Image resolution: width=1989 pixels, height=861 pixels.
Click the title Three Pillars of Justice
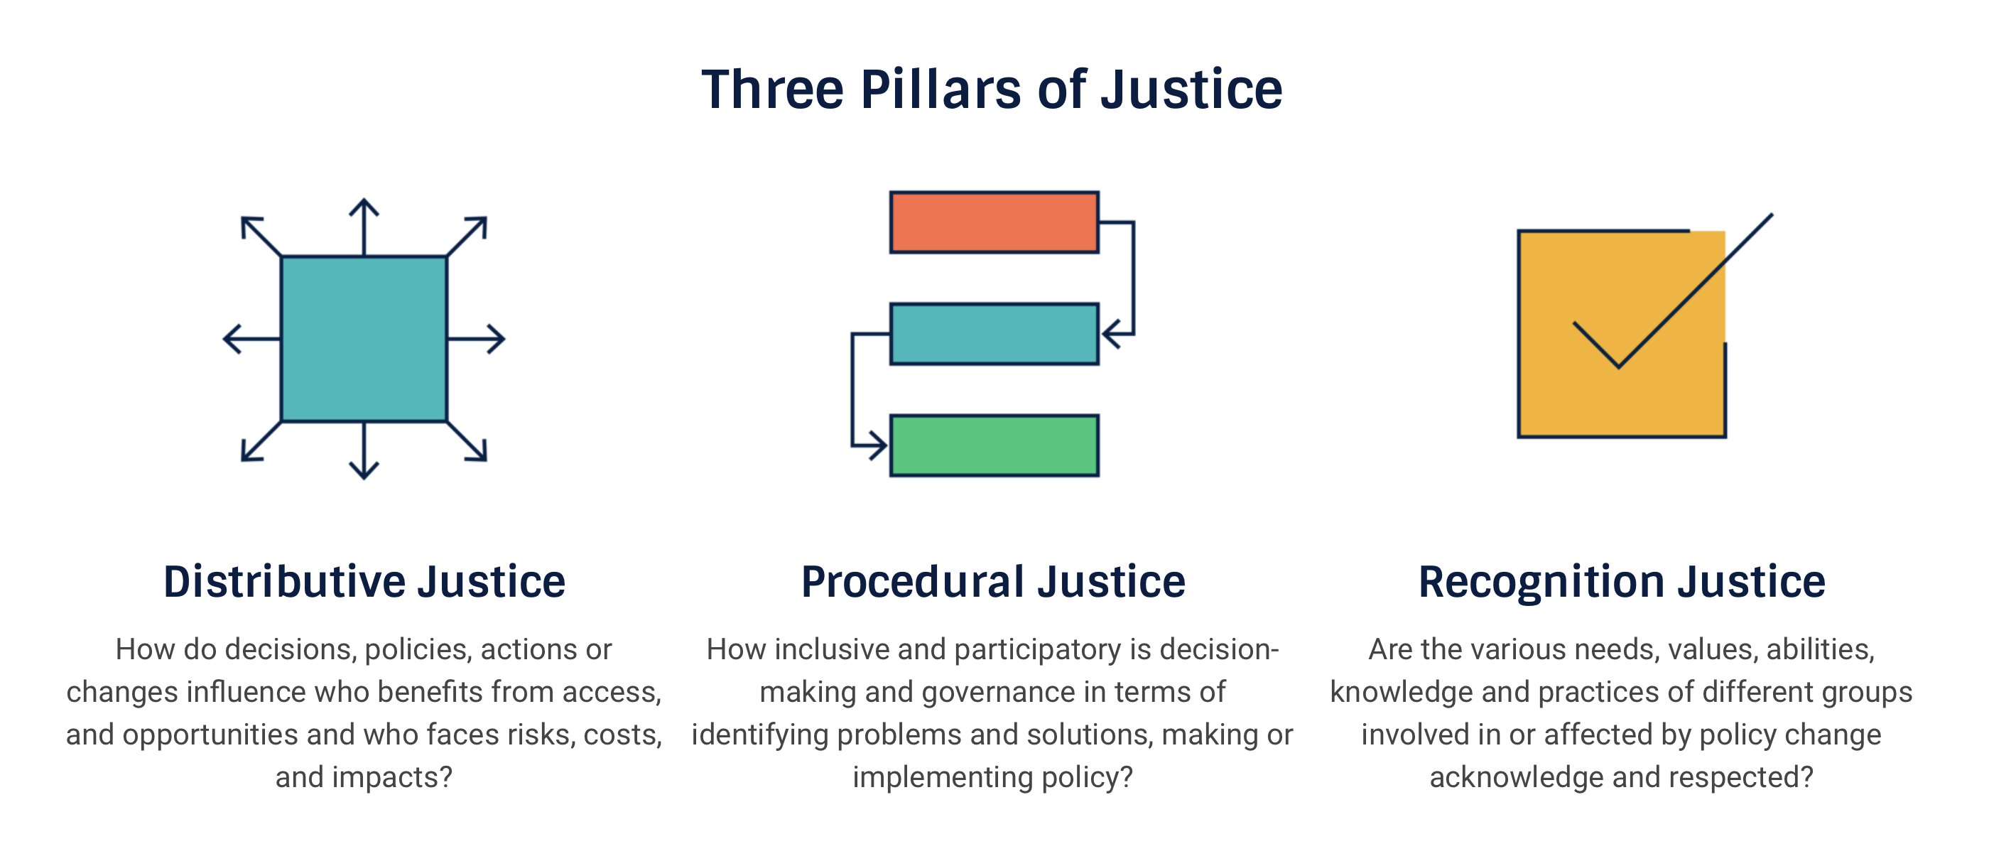coord(992,90)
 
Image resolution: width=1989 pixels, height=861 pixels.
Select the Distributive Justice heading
coord(364,582)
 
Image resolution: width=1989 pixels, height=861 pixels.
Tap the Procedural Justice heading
coord(993,582)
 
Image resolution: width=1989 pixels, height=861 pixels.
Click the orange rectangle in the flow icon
coord(995,222)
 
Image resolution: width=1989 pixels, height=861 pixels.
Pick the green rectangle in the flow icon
coord(995,445)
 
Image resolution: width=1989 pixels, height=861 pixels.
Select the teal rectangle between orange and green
coord(995,334)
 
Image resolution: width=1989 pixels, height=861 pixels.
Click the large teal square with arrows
coord(364,339)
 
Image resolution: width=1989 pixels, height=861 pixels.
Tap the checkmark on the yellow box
coord(1672,291)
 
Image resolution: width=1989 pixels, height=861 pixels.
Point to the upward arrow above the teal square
coord(364,227)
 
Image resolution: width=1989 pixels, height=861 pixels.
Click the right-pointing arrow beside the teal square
coord(477,339)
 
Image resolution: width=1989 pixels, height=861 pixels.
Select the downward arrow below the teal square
coord(364,451)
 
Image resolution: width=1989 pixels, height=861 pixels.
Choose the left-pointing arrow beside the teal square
coord(251,339)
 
